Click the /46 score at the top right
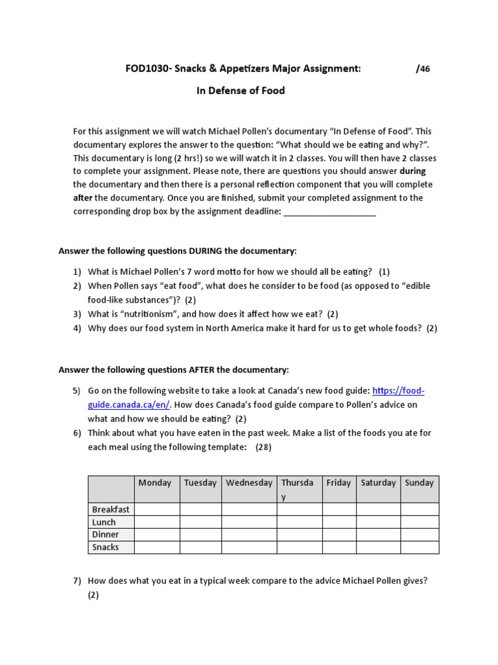pos(423,69)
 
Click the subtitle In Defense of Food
pos(241,91)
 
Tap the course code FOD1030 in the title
pos(145,69)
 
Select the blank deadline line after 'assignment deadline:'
pos(330,212)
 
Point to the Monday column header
pos(155,483)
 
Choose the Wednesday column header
pos(249,483)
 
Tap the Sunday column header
pos(420,483)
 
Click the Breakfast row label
pos(111,510)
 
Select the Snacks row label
pos(106,547)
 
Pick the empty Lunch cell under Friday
pos(339,522)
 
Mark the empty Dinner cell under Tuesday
pos(200,534)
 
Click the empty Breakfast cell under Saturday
pos(378,510)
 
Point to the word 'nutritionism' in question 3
pos(148,314)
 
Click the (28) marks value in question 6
pos(263,447)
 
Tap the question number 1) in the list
pos(77,271)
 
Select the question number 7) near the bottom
pos(77,582)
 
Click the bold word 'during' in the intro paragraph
pos(413,171)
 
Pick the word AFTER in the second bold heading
pos(202,370)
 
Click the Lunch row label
pos(104,522)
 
